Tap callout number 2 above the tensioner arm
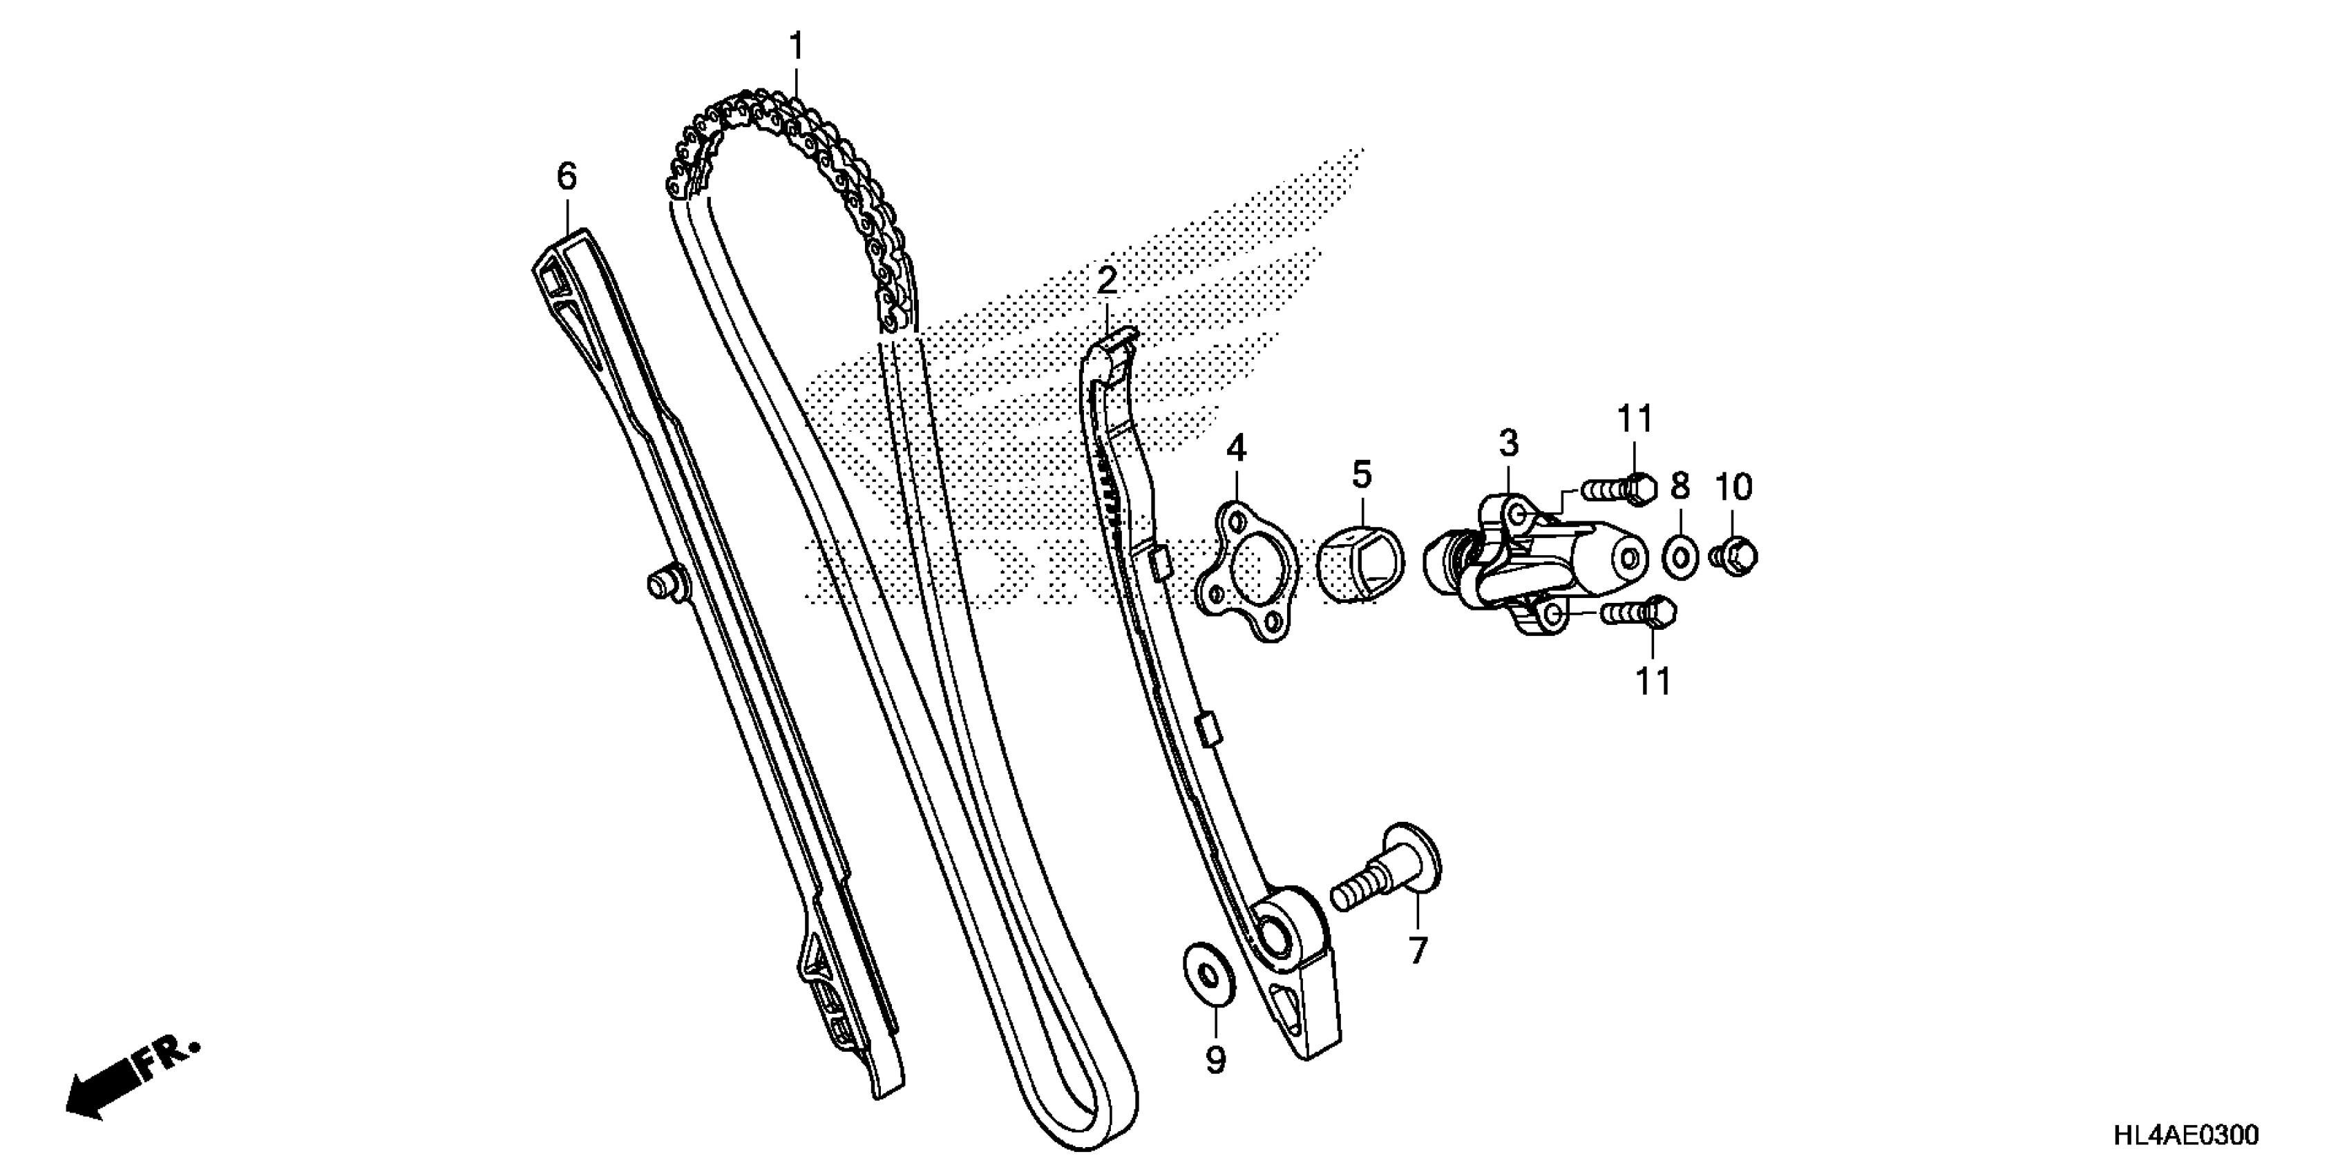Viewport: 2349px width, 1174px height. coord(1106,282)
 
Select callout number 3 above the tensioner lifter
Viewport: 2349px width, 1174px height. coord(1509,444)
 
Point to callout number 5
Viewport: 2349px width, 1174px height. coord(1362,475)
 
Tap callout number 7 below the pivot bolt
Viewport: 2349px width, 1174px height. coord(1417,951)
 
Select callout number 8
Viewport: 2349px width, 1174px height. coord(1680,485)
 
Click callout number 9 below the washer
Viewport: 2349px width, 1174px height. coord(1215,1059)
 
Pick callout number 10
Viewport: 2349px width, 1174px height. coord(1733,488)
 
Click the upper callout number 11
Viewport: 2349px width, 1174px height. coord(1635,419)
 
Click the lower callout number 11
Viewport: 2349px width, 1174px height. coord(1653,681)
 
